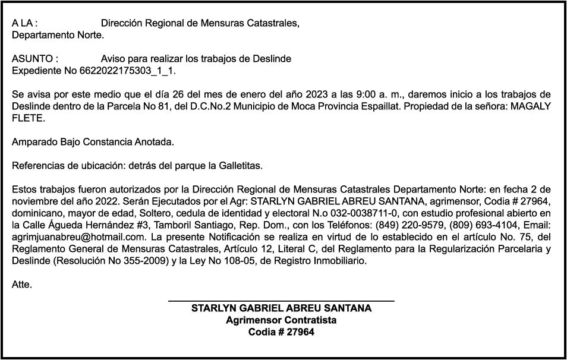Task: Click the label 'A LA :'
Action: pos(25,24)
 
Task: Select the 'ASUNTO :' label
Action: pos(35,59)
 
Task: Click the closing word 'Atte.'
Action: pos(22,285)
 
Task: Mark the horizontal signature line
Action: pos(281,302)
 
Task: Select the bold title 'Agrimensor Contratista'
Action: pos(281,320)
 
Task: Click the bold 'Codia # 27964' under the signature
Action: pos(281,332)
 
